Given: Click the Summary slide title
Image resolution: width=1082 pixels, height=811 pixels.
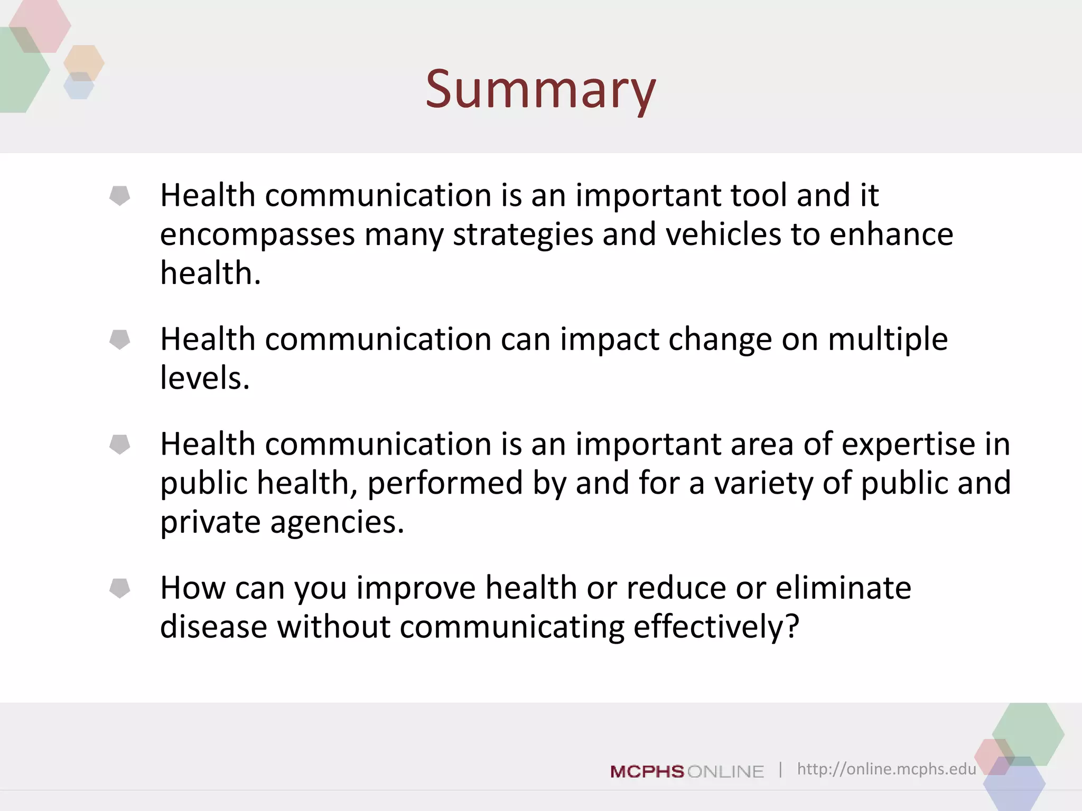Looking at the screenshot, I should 540,90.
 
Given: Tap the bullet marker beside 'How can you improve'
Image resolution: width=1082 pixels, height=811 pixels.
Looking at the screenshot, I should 120,588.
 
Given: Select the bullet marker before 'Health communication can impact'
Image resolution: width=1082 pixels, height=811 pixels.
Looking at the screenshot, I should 120,340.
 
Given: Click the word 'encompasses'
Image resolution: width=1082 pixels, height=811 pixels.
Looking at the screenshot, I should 257,235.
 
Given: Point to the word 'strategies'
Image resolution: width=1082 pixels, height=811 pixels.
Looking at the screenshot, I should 523,235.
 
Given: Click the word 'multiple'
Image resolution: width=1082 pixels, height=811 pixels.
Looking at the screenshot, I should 888,340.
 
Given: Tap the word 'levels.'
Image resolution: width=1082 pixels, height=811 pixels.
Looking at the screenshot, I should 204,378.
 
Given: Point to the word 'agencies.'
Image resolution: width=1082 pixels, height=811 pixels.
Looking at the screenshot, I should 337,523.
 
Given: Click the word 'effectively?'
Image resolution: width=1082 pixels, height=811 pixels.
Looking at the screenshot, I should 716,627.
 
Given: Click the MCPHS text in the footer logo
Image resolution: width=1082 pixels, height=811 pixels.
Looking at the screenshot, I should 647,771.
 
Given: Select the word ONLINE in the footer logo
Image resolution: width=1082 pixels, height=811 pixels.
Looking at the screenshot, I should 726,771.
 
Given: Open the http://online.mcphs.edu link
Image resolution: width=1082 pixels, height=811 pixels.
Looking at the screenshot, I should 886,769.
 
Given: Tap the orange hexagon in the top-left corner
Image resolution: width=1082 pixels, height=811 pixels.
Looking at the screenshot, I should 84,62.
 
